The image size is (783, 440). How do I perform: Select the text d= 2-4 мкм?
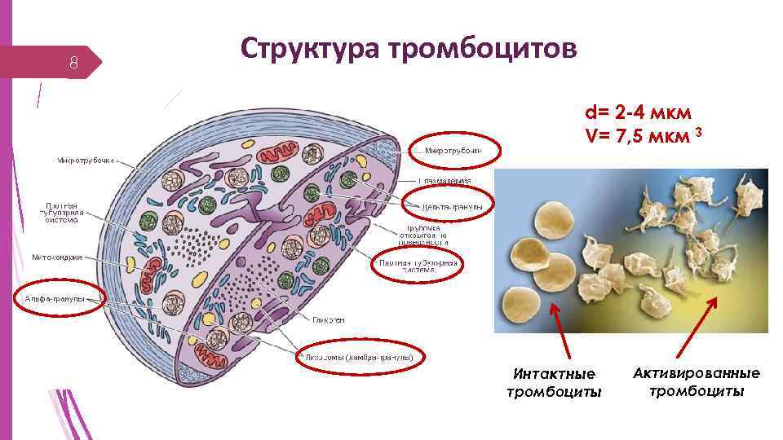click(x=639, y=112)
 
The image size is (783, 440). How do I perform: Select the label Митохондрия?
click(x=57, y=257)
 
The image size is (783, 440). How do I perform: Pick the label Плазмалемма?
click(x=444, y=180)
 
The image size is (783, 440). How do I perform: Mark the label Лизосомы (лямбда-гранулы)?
click(x=360, y=357)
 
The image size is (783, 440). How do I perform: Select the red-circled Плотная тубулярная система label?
click(x=417, y=266)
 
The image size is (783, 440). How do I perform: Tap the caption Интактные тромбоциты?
click(x=554, y=383)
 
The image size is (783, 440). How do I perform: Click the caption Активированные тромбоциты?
click(x=696, y=382)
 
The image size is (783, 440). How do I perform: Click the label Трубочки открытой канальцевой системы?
click(x=424, y=235)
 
